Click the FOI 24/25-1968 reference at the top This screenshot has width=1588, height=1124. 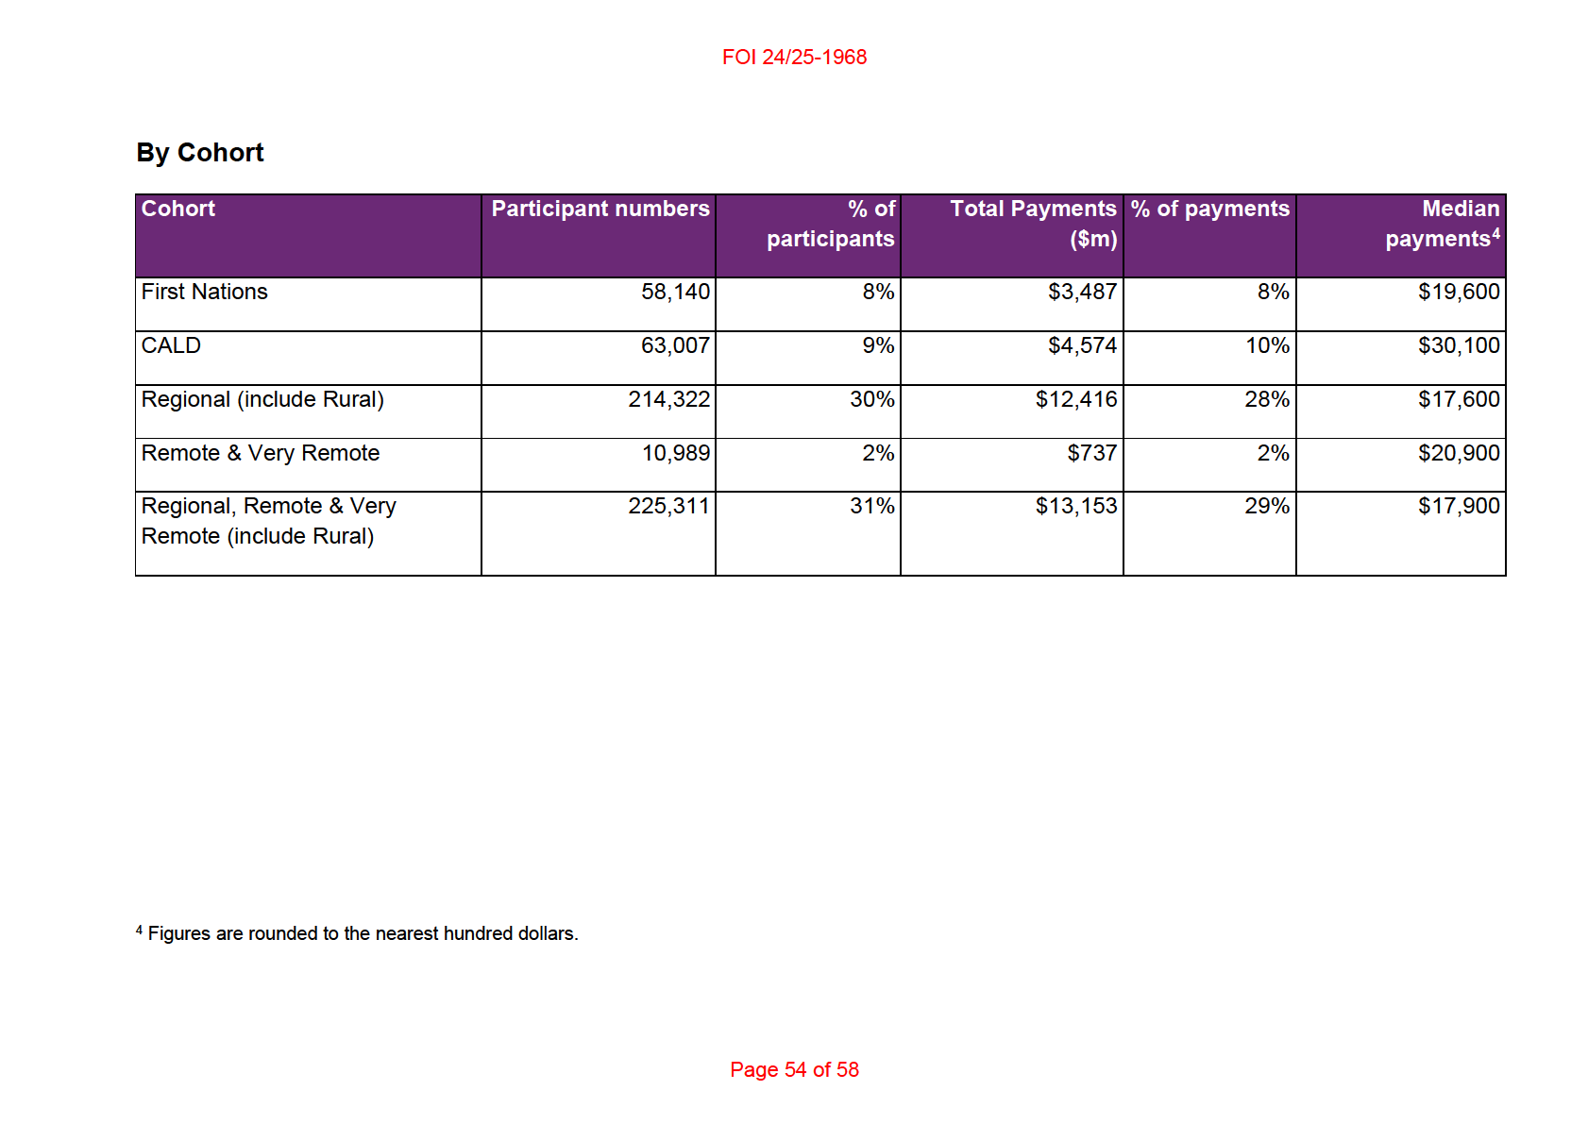click(794, 57)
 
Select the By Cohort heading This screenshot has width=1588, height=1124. click(199, 152)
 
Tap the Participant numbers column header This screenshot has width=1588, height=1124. click(600, 209)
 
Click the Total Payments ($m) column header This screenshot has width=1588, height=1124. click(1033, 224)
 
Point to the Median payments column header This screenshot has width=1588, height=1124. click(1443, 224)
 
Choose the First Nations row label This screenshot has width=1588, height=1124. click(204, 292)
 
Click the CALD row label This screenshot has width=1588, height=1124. click(171, 345)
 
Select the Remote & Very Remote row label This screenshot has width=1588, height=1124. click(261, 453)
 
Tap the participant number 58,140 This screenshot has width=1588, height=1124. click(675, 292)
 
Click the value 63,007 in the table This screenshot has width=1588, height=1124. click(675, 345)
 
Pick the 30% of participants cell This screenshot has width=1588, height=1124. click(872, 399)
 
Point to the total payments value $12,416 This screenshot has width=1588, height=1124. click(1076, 399)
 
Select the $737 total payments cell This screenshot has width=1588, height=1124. click(1091, 453)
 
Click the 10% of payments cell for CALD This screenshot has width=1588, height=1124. click(1268, 345)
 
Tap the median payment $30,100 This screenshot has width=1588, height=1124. click(1459, 345)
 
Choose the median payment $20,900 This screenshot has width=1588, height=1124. click(1459, 453)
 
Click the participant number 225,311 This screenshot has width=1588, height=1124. click(668, 506)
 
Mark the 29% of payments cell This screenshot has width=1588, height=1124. click(1267, 506)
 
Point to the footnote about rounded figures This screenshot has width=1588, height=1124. click(357, 932)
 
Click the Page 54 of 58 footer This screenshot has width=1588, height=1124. click(794, 1069)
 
